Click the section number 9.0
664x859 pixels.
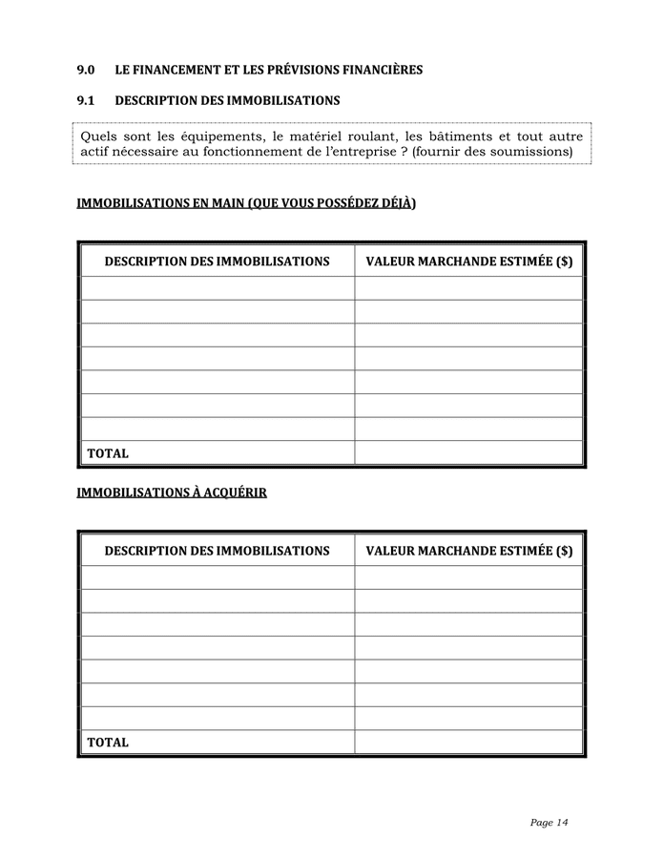coord(86,71)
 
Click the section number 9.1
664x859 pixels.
coord(86,100)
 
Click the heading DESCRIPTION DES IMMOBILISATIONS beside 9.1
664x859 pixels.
coord(227,100)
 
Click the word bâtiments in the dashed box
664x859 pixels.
coord(461,136)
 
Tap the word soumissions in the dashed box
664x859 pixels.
coord(527,152)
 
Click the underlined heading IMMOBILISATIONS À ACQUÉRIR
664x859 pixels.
coord(172,492)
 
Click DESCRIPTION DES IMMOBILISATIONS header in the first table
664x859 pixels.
coord(218,262)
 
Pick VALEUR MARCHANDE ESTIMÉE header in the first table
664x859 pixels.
coord(468,262)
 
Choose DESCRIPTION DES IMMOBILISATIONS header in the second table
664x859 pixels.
coord(218,551)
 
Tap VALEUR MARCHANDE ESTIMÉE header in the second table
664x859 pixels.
coord(468,551)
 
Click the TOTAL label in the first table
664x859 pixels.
coord(108,453)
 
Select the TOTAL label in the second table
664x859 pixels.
coord(108,742)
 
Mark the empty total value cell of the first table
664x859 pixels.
coord(468,453)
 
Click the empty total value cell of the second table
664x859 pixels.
coord(468,742)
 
